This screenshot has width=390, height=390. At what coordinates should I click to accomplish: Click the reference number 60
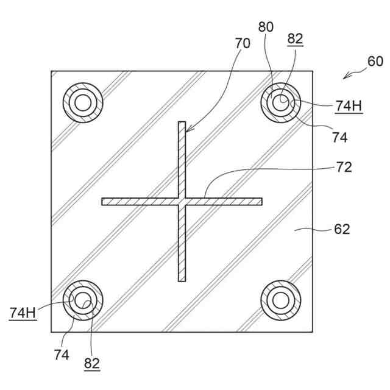pyautogui.click(x=375, y=61)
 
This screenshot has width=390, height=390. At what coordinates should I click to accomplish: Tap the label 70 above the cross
pyautogui.click(x=243, y=43)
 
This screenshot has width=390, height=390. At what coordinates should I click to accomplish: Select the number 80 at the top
pyautogui.click(x=266, y=27)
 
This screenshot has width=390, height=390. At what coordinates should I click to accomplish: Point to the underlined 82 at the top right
pyautogui.click(x=295, y=39)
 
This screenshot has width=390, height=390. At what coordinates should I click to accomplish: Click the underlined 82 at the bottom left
pyautogui.click(x=92, y=363)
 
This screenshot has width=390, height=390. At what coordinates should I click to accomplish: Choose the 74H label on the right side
pyautogui.click(x=349, y=105)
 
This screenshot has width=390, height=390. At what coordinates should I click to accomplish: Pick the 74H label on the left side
pyautogui.click(x=23, y=313)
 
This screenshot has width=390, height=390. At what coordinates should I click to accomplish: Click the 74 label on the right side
pyautogui.click(x=340, y=137)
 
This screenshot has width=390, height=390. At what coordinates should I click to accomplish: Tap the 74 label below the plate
pyautogui.click(x=62, y=355)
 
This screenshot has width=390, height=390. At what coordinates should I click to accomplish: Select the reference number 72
pyautogui.click(x=344, y=167)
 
